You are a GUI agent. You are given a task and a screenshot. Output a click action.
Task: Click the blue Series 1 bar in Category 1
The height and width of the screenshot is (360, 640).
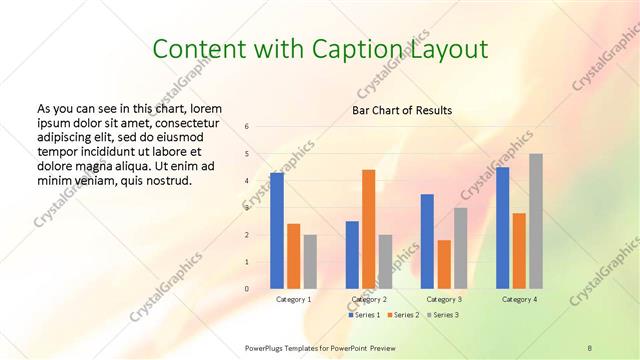276,231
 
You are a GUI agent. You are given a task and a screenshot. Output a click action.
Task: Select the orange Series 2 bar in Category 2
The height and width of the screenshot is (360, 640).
368,229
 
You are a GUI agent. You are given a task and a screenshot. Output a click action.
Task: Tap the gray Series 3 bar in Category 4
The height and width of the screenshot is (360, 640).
536,221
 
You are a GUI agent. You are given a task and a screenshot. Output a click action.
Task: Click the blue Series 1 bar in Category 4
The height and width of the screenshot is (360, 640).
502,228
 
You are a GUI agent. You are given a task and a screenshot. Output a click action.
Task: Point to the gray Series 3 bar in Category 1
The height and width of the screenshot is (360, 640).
310,262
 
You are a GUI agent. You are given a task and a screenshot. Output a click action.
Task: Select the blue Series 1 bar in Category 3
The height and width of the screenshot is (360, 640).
427,241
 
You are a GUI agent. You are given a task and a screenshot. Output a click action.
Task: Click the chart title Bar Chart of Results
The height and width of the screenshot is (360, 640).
402,110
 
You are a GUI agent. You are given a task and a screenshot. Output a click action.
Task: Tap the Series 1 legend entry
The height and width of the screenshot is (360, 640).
364,315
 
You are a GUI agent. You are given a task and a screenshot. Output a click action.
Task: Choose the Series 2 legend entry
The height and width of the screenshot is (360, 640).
402,315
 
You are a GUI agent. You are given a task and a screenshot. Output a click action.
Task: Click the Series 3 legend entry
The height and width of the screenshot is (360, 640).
441,315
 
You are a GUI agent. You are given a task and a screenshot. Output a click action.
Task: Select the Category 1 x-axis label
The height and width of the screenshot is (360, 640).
293,299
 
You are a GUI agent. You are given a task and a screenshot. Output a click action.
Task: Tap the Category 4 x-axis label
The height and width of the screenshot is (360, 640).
519,299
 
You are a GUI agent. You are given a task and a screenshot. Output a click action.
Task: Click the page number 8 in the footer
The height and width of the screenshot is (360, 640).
589,348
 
